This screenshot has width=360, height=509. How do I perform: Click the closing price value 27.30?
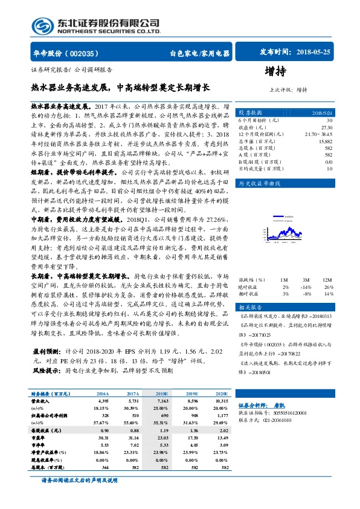click(327, 128)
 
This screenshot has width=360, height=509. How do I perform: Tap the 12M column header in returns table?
click(327, 280)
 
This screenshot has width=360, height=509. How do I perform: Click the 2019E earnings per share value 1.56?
click(193, 432)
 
